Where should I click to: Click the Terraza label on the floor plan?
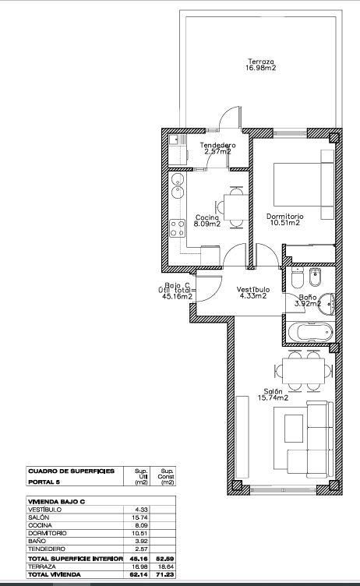click(x=261, y=65)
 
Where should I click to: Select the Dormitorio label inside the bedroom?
click(x=284, y=219)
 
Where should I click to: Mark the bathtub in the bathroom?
click(x=309, y=332)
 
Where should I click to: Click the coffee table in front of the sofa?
click(x=295, y=426)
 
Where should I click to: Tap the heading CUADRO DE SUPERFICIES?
click(x=71, y=471)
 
